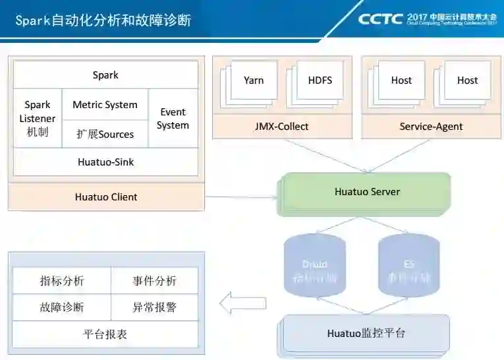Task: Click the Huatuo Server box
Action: pos(366,192)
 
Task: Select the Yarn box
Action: pos(254,80)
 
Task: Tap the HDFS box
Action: pos(320,80)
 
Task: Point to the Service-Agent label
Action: pos(431,126)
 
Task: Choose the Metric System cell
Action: pos(105,104)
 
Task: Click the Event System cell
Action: pos(173,119)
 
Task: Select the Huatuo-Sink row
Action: pos(105,162)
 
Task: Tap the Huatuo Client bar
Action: pos(106,196)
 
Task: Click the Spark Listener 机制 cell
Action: pos(38,118)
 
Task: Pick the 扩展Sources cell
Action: pos(105,134)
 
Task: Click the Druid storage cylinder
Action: pos(314,264)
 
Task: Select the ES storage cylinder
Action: pos(408,264)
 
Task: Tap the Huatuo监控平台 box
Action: pos(366,333)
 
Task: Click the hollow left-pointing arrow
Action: pos(242,303)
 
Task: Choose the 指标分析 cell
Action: pos(62,281)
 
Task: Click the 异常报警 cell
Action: pos(154,307)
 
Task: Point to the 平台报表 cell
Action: pos(105,334)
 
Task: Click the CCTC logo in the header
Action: pos(380,18)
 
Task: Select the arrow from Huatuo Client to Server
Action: pos(240,197)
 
